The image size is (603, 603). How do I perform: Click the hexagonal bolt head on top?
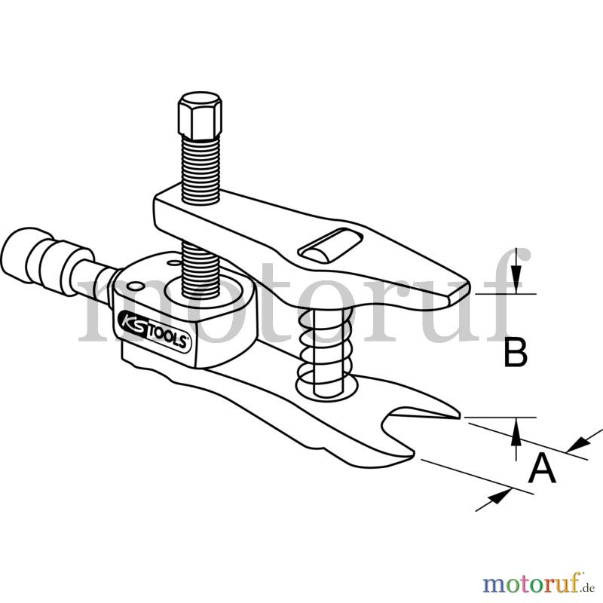pyautogui.click(x=200, y=115)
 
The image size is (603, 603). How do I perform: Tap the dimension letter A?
pyautogui.click(x=542, y=467)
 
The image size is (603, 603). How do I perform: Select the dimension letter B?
pyautogui.click(x=516, y=351)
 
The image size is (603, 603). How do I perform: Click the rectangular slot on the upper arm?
pyautogui.click(x=330, y=246)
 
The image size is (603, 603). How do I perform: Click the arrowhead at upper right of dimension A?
pyautogui.click(x=578, y=445)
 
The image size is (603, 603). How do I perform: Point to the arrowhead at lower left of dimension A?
pyautogui.click(x=499, y=495)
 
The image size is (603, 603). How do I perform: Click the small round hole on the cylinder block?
pyautogui.click(x=136, y=286)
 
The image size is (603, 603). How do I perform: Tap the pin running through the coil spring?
pyautogui.click(x=328, y=353)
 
